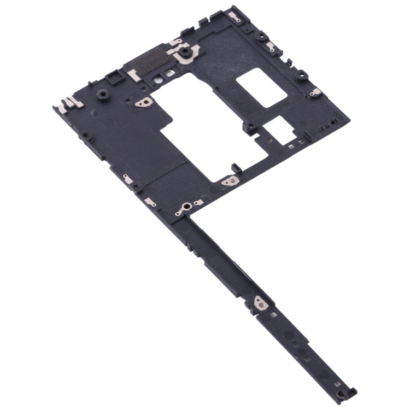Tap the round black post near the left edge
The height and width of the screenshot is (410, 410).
click(102, 95)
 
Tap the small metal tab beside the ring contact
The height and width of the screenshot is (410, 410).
click(200, 203)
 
